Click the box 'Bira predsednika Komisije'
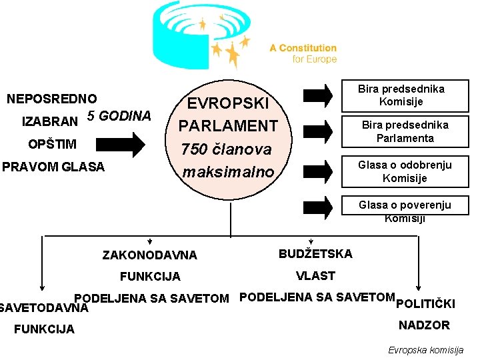(x=401, y=95)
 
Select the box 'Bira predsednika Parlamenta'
(x=405, y=131)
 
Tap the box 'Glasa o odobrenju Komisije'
(x=405, y=171)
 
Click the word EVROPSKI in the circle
(x=228, y=103)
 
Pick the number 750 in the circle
(x=197, y=149)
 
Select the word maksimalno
(x=228, y=172)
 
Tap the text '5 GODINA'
(x=119, y=115)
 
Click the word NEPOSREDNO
(x=52, y=99)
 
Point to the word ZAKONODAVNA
(x=150, y=255)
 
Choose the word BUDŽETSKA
(x=315, y=253)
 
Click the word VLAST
(x=315, y=275)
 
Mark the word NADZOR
(x=424, y=325)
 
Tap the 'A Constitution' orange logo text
(x=303, y=48)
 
